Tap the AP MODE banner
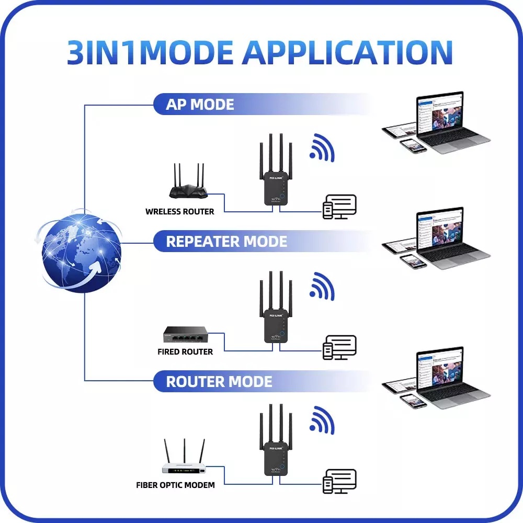coord(200,105)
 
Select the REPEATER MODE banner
coord(226,242)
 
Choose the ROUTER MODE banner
coord(219,381)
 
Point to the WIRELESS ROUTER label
coord(179,212)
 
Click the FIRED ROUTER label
coord(185,352)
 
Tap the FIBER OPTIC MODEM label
coord(175,485)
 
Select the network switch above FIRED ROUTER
coord(186,335)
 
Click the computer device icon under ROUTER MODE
coord(339,482)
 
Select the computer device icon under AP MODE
coord(339,207)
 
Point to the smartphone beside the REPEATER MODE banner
coord(413,262)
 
